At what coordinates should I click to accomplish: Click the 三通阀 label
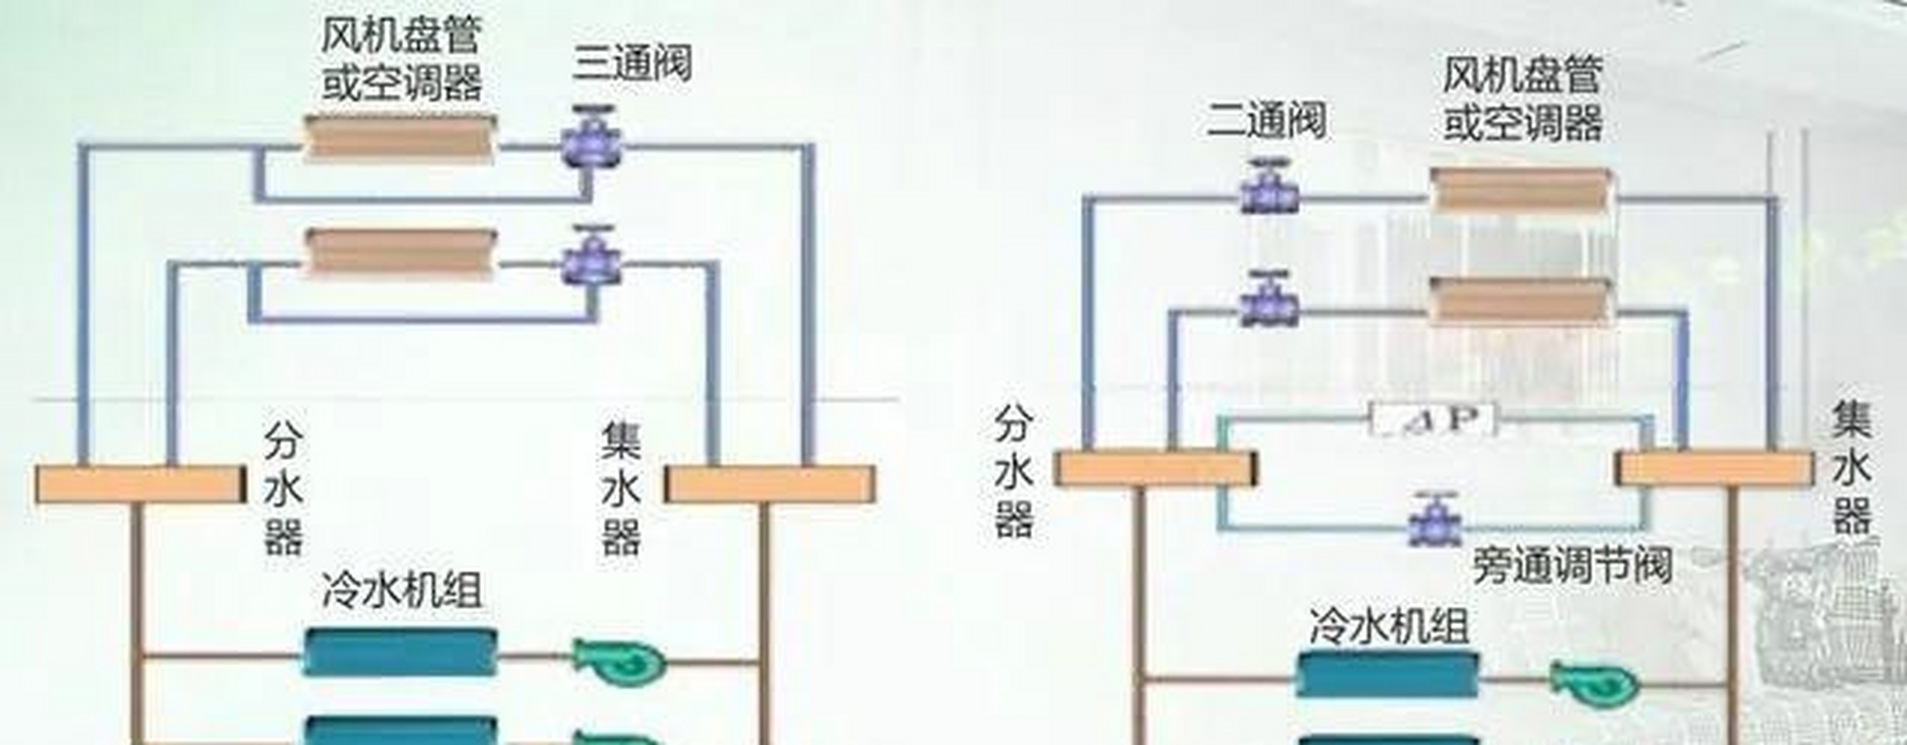pyautogui.click(x=633, y=63)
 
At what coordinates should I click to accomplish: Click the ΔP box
pyautogui.click(x=1432, y=420)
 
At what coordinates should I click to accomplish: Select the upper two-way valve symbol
pyautogui.click(x=1269, y=189)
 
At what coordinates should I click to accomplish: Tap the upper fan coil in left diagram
pyautogui.click(x=400, y=138)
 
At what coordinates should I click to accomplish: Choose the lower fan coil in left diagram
pyautogui.click(x=400, y=253)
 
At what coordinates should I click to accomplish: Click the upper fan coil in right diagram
pyautogui.click(x=1521, y=190)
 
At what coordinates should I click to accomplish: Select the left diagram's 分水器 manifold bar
pyautogui.click(x=141, y=484)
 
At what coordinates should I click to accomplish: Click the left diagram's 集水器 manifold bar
pyautogui.click(x=770, y=484)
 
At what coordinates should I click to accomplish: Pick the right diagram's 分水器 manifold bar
pyautogui.click(x=1155, y=468)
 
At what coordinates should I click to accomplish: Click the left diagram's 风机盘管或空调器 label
pyautogui.click(x=401, y=59)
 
